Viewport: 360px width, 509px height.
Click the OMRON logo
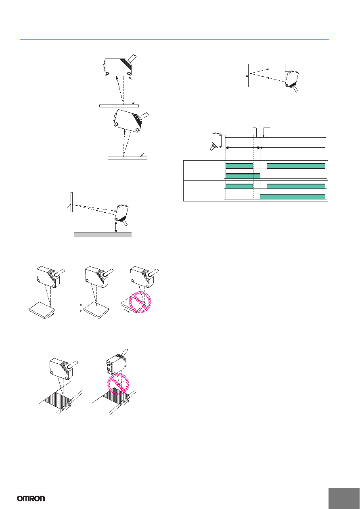pos(31,499)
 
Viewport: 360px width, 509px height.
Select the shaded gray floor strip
pos(103,235)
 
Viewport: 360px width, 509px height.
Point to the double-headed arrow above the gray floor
pos(116,227)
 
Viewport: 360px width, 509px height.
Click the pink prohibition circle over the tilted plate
pos(140,302)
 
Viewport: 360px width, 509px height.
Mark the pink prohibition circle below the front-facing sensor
pos(118,384)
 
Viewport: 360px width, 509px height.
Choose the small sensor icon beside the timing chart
pos(216,142)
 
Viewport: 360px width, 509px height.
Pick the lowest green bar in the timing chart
pos(293,197)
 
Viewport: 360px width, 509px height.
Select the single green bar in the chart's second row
pos(243,176)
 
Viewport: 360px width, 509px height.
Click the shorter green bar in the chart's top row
pos(239,165)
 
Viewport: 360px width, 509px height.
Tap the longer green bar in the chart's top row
pos(296,165)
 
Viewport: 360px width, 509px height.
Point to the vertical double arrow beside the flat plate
pos(81,308)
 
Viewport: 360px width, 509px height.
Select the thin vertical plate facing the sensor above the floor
pos(71,202)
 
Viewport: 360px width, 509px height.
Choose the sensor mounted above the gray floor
pos(122,214)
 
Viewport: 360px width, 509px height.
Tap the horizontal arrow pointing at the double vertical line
pos(243,76)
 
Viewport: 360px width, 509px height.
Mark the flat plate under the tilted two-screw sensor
pos(128,158)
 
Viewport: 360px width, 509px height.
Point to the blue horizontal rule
pos(175,39)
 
